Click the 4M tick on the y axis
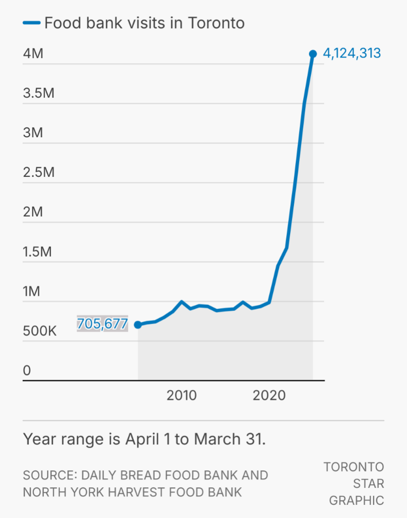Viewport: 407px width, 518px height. (33, 54)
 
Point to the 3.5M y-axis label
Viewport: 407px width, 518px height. (39, 93)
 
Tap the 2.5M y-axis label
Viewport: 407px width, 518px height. (39, 173)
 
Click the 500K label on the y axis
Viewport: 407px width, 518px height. (40, 331)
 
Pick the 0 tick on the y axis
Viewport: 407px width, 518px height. (27, 371)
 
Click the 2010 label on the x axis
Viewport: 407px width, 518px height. (182, 395)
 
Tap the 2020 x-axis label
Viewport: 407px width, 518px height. (269, 395)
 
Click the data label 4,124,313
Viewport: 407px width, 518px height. (352, 53)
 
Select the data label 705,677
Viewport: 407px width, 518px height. (102, 324)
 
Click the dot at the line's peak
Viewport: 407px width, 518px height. (313, 54)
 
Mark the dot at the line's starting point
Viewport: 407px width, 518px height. (138, 325)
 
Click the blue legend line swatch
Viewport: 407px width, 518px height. (31, 23)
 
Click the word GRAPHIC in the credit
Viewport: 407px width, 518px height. (357, 500)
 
